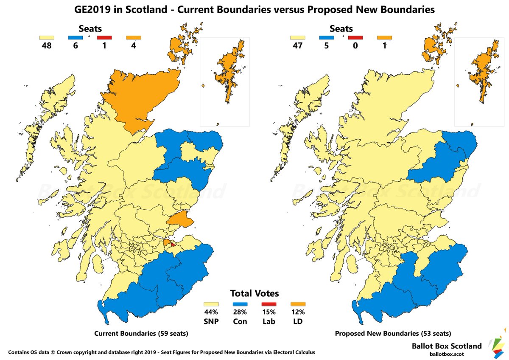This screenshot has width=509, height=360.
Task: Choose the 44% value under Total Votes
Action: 211,312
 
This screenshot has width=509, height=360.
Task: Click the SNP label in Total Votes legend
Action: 211,321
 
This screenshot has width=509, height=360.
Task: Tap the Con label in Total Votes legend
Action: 240,321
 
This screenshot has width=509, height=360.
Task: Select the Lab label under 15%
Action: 269,321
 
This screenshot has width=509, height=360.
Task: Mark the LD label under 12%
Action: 298,321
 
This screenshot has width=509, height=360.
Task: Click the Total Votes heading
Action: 255,293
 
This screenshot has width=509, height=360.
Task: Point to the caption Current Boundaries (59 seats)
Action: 141,334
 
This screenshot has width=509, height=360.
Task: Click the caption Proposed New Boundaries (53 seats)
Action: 393,334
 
